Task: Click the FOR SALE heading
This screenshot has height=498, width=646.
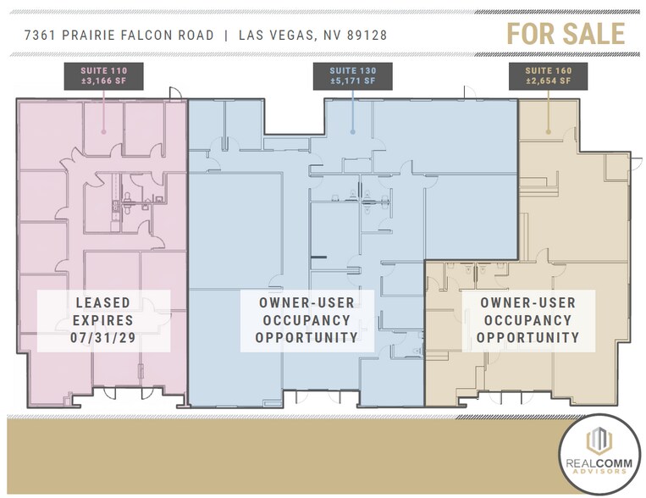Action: (566, 33)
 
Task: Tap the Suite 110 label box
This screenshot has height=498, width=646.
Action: (102, 75)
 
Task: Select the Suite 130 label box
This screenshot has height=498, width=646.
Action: (351, 75)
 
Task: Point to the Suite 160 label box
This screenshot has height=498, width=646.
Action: (548, 75)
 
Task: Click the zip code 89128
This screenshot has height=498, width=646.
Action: (365, 35)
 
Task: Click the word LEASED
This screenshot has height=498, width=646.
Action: (102, 302)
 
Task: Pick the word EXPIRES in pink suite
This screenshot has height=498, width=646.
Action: (102, 321)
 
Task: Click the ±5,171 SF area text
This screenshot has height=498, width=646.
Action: (351, 81)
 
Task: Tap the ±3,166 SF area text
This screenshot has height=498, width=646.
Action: (102, 81)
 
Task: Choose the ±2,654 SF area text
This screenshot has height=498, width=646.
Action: (548, 81)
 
